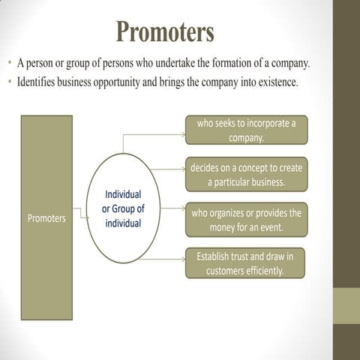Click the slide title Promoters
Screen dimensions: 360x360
pyautogui.click(x=165, y=32)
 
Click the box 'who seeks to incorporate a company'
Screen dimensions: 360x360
pyautogui.click(x=246, y=130)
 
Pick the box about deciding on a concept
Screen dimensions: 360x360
pyautogui.click(x=246, y=175)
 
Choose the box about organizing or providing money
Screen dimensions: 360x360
pyautogui.click(x=246, y=220)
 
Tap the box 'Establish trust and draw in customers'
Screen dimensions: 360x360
pyautogui.click(x=246, y=263)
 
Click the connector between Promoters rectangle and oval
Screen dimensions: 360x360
pyautogui.click(x=81, y=214)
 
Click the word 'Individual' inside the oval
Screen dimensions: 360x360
pyautogui.click(x=124, y=195)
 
